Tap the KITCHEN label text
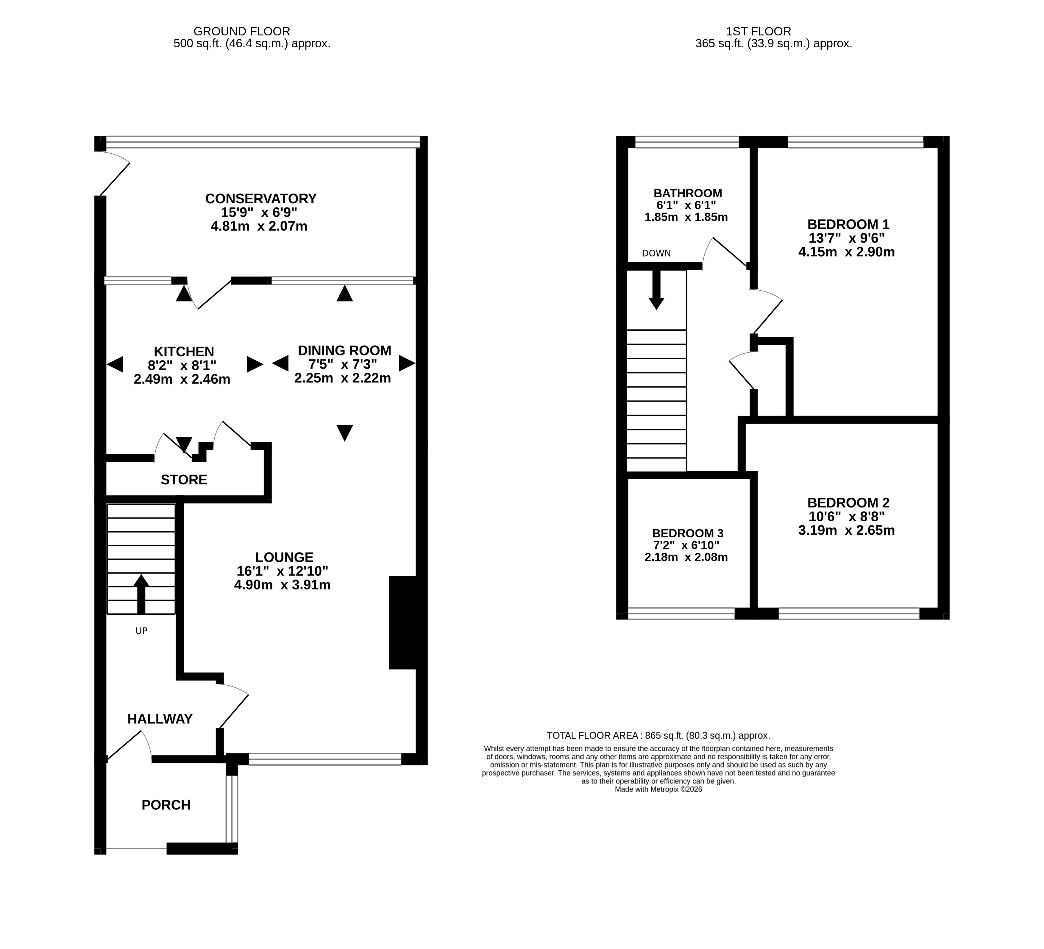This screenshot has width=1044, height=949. pyautogui.click(x=184, y=352)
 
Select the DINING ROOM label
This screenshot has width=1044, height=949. pyautogui.click(x=344, y=350)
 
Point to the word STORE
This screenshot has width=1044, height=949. pyautogui.click(x=184, y=480)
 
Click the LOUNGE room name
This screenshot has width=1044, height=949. pyautogui.click(x=284, y=558)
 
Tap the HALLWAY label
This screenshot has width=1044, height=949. pyautogui.click(x=160, y=719)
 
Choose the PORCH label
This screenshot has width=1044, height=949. pyautogui.click(x=166, y=805)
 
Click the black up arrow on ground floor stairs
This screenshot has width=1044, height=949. pyautogui.click(x=141, y=594)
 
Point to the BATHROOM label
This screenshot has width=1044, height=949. pyautogui.click(x=688, y=193)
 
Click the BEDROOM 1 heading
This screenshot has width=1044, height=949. pyautogui.click(x=848, y=225)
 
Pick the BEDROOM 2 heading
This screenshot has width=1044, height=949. pyautogui.click(x=848, y=503)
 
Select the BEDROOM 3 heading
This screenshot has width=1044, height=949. pyautogui.click(x=688, y=533)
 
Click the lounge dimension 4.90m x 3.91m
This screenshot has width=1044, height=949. pyautogui.click(x=282, y=585)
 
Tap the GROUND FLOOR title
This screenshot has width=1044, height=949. pyautogui.click(x=242, y=32)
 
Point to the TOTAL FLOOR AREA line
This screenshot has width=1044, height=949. pyautogui.click(x=658, y=735)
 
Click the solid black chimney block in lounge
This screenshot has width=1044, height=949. pyautogui.click(x=403, y=622)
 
